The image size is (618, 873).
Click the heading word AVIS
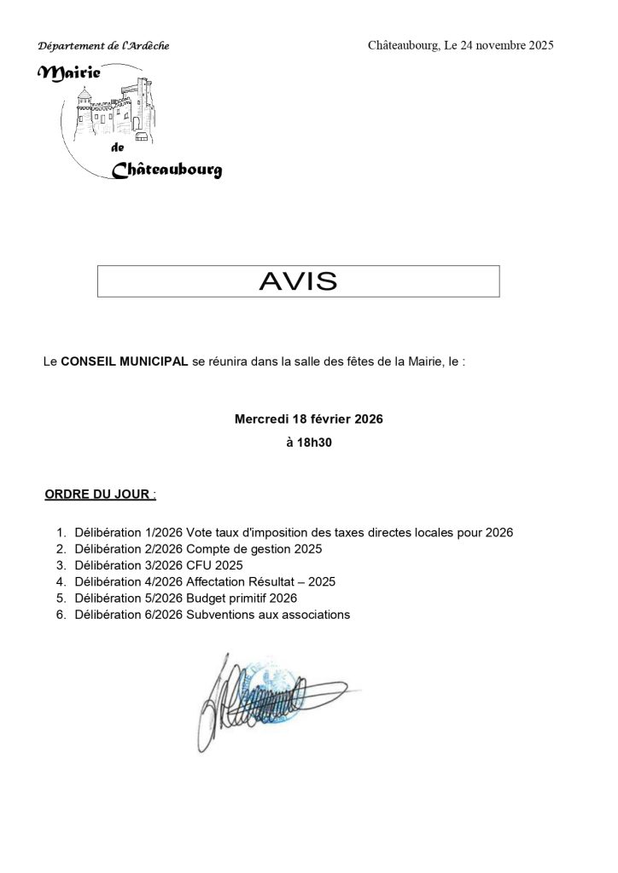click(x=298, y=281)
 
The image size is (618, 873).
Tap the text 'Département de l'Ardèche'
click(x=103, y=45)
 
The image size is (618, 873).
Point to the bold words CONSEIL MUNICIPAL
click(x=125, y=362)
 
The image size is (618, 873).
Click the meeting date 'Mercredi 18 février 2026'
click(x=309, y=419)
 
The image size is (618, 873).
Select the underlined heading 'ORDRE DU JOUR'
click(x=99, y=494)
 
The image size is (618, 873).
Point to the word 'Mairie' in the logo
click(x=71, y=75)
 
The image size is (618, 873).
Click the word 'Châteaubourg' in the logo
click(x=167, y=170)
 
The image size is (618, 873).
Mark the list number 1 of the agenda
click(x=61, y=533)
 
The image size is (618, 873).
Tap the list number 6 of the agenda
click(x=61, y=615)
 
